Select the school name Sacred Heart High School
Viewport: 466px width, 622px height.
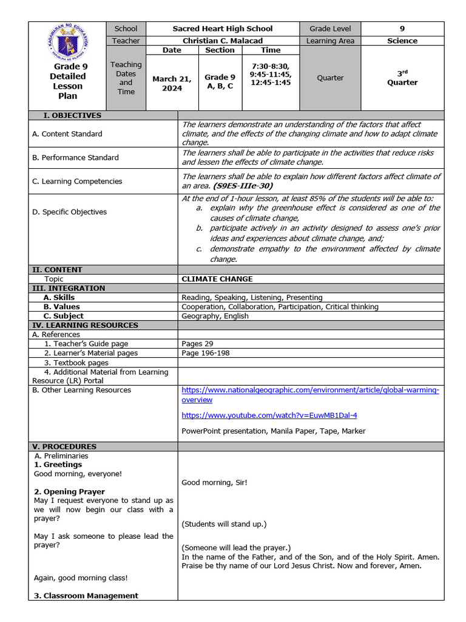pos(222,29)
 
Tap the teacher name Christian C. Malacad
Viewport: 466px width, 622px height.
pos(222,41)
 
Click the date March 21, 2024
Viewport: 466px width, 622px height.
pos(172,83)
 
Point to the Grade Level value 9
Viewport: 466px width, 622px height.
pos(402,29)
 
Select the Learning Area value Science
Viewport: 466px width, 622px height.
pos(402,41)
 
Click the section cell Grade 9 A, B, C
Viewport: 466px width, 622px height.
pos(220,81)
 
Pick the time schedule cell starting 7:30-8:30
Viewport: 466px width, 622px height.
pos(271,73)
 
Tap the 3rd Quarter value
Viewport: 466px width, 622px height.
pos(402,78)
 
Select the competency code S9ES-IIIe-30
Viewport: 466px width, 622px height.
pos(243,186)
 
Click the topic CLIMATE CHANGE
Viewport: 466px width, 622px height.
pos(217,279)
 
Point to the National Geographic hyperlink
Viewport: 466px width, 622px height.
pos(310,395)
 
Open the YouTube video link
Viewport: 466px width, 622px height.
pos(269,415)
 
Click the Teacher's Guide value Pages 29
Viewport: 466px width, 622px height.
pos(197,344)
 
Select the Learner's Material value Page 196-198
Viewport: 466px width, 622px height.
pos(206,353)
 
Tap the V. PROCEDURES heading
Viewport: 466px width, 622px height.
pos(66,446)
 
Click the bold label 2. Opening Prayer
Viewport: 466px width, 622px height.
pos(69,492)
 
